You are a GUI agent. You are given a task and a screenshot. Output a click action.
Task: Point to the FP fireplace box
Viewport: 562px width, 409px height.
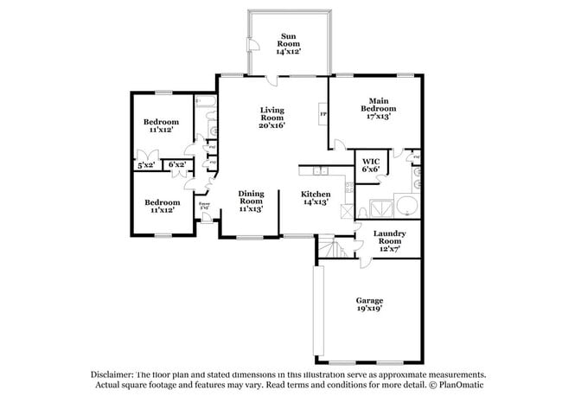pos(323,113)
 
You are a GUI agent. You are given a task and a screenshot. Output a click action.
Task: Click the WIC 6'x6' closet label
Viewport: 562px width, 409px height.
pos(370,165)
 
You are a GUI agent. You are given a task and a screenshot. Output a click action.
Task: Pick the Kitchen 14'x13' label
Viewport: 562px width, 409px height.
pos(316,199)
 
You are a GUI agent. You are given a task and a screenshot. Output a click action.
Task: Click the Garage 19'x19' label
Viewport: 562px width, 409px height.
pos(369,304)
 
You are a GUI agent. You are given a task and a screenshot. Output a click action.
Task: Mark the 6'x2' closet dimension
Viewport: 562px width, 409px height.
pos(177,164)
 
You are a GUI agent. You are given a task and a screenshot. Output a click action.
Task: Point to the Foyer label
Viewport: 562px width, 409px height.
pos(205,205)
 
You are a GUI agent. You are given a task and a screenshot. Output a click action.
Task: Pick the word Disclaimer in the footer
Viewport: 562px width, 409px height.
pos(114,374)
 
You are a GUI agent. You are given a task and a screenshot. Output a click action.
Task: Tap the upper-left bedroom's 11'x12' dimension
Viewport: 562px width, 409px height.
pos(162,131)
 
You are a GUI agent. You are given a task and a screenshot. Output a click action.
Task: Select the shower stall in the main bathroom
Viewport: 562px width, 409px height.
pos(378,208)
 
